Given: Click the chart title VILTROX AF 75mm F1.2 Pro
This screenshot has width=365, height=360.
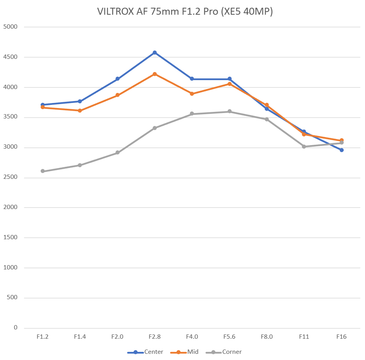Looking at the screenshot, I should pos(185,12).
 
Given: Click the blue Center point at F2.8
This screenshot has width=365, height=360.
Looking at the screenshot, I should pos(154,53).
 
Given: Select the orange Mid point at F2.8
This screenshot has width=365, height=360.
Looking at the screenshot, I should pos(154,74).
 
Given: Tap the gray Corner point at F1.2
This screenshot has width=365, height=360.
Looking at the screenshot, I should pos(43,171).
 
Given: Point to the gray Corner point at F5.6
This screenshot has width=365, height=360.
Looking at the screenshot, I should pos(230,111).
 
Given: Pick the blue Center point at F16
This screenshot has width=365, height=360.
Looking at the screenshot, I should pos(341,150).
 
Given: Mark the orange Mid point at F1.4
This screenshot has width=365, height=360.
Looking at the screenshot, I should pos(80,111).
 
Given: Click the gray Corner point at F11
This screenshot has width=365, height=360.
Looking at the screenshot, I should pos(304,147).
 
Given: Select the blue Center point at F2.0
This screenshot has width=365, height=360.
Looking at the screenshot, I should pos(117,79).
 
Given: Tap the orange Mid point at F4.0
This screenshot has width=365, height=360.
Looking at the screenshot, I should pos(192,94).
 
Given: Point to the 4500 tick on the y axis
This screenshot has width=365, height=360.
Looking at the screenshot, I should pos(10,57).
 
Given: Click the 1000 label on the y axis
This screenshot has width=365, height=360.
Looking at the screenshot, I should pos(10,268).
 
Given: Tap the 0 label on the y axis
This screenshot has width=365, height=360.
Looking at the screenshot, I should pos(15,328).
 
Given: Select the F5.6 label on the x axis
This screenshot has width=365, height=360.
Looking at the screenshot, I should pos(229,337).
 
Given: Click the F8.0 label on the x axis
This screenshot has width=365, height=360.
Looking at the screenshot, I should pos(267,337).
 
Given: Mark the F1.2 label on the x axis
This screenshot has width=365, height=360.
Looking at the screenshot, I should pos(43,337).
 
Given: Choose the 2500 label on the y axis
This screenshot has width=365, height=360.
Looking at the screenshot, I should pos(10,178).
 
